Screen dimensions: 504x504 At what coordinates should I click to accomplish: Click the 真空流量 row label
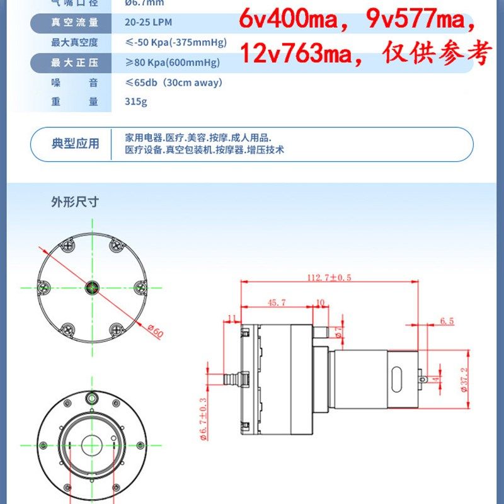[74, 23]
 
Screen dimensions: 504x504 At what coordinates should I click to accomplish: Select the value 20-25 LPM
[151, 23]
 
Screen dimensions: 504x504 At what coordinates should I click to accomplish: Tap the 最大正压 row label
[74, 62]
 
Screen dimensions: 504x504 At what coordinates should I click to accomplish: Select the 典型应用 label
[75, 144]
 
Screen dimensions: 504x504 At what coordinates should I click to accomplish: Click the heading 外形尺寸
[75, 202]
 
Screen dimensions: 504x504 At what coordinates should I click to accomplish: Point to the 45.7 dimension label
[277, 302]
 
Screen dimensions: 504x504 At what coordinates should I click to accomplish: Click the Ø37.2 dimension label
[464, 379]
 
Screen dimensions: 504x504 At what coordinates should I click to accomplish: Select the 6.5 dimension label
[447, 321]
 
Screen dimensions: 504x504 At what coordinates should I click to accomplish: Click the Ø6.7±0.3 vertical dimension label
[203, 418]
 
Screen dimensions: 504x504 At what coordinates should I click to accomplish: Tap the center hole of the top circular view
[92, 288]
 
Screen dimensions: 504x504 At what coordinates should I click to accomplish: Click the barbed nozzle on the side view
[231, 379]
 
